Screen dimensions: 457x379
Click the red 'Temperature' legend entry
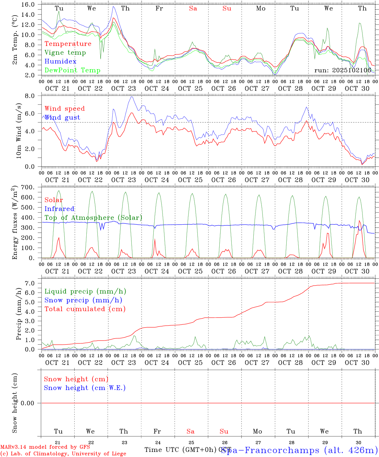[x=68, y=44]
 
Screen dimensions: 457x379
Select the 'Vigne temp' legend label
[x=65, y=53]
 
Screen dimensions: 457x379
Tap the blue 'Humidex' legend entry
[x=60, y=61]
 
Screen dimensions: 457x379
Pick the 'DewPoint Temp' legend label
[x=72, y=70]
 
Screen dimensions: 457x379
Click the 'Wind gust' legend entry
[x=62, y=117]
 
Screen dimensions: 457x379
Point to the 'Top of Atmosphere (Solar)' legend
[x=93, y=218]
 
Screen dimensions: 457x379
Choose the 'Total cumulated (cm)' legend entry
[x=85, y=309]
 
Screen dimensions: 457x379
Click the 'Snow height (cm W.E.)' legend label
[x=85, y=388]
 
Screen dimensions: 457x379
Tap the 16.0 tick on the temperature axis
[x=29, y=4]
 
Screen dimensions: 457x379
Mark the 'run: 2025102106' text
[x=342, y=70]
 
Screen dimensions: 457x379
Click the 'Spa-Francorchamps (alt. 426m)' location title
[x=299, y=450]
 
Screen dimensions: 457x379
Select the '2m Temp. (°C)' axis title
[x=15, y=40]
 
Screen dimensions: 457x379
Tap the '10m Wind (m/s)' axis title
[x=19, y=131]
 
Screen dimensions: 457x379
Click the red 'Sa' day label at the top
[x=193, y=9]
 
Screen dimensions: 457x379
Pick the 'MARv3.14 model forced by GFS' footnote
[x=45, y=447]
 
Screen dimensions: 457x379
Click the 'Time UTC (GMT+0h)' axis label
[x=180, y=450]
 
